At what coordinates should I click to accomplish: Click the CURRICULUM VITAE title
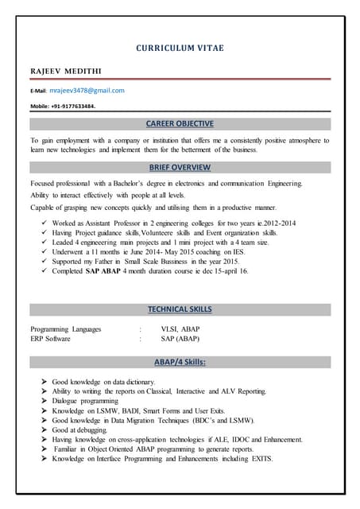tap(180, 49)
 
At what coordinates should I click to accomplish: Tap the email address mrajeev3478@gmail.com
tap(87, 91)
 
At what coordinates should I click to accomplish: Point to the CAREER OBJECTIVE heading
tap(180, 124)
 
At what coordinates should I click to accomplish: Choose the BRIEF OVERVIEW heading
tap(180, 168)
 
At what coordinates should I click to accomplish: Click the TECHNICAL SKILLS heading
tap(180, 309)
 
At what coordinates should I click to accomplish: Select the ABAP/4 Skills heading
tap(180, 362)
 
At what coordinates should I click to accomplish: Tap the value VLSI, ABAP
tap(180, 328)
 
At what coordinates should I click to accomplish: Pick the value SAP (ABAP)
tap(180, 339)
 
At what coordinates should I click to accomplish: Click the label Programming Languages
tap(66, 328)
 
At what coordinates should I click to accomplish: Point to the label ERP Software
tap(50, 339)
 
